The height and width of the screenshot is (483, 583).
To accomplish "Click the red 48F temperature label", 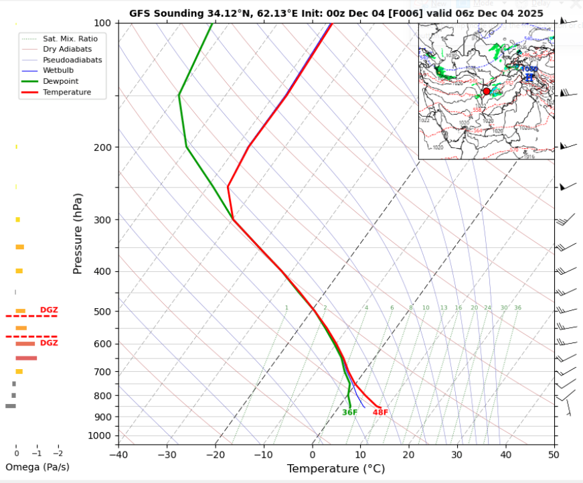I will pyautogui.click(x=380, y=413).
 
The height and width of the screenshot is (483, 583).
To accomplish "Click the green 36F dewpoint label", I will pyautogui.click(x=350, y=413).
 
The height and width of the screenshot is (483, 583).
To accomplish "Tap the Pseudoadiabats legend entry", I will pyautogui.click(x=72, y=60).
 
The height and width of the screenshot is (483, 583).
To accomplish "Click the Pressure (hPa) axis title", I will pyautogui.click(x=78, y=233).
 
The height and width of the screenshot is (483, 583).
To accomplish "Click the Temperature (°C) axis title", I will pyautogui.click(x=336, y=469).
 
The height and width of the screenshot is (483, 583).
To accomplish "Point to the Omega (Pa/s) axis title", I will pyautogui.click(x=37, y=467).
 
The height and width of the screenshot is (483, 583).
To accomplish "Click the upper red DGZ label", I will pyautogui.click(x=49, y=310).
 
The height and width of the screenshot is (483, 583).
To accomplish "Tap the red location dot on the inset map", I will pyautogui.click(x=487, y=91).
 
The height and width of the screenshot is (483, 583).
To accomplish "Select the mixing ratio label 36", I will pyautogui.click(x=517, y=308).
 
